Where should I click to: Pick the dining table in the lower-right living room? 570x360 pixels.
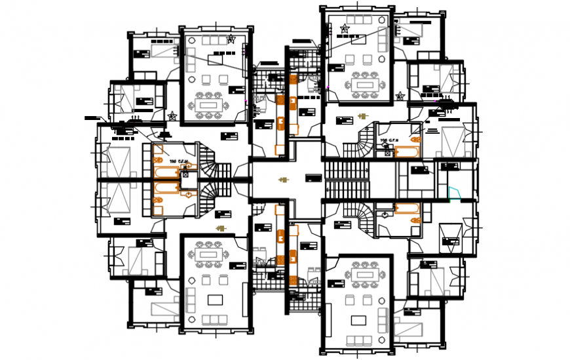click(x=362, y=274)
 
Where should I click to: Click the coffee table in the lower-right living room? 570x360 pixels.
click(x=358, y=320)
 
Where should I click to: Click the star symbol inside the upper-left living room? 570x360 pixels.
click(x=231, y=40)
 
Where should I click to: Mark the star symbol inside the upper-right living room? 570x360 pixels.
click(x=345, y=28)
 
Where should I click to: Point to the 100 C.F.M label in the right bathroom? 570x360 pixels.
click(x=392, y=141)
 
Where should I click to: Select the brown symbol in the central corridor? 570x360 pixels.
click(x=283, y=179)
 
